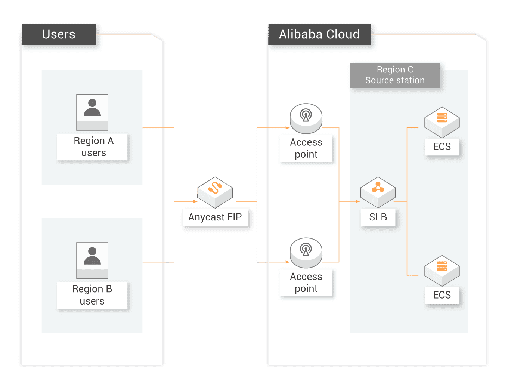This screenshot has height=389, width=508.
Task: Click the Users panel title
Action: click(59, 34)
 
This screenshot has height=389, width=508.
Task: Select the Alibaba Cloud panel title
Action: click(319, 34)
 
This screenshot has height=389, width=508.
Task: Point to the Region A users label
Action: click(93, 146)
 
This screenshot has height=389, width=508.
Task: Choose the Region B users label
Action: click(92, 295)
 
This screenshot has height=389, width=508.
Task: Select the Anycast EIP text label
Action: click(215, 217)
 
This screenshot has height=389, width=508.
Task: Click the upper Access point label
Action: click(306, 148)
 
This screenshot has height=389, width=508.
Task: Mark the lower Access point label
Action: click(306, 282)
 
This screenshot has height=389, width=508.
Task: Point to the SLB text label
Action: click(378, 217)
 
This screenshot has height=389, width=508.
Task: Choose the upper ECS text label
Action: click(442, 146)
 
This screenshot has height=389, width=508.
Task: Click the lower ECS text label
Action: click(442, 295)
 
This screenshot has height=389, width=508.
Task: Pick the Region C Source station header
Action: click(395, 75)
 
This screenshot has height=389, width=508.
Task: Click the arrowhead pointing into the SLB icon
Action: click(357, 201)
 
